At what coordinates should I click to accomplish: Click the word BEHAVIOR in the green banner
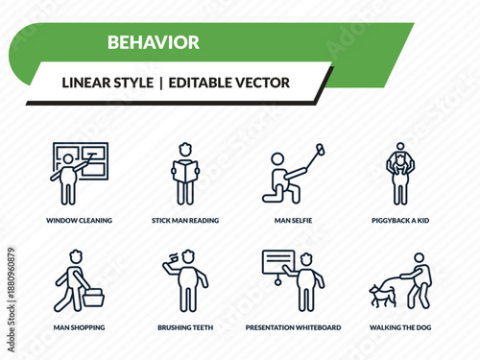[x=154, y=42]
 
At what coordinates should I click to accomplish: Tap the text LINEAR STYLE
[x=107, y=83]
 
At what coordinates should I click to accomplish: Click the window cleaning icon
[x=79, y=173]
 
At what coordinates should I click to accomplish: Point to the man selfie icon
[x=291, y=173]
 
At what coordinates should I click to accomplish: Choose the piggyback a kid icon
[x=399, y=173]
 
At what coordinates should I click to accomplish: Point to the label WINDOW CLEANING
[x=79, y=220]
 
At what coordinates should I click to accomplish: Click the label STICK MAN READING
[x=185, y=220]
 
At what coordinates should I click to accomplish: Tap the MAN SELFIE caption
[x=293, y=220]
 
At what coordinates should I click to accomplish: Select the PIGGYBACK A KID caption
[x=400, y=220]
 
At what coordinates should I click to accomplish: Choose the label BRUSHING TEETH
[x=185, y=327]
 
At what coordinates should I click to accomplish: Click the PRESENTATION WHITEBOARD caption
[x=293, y=327]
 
